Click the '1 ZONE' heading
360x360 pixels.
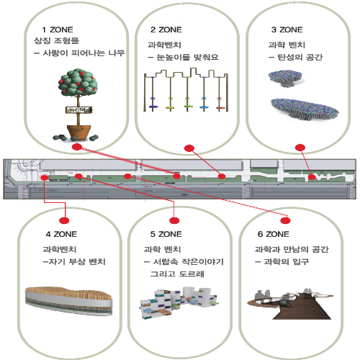point(58,30)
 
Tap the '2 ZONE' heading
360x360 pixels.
point(166,30)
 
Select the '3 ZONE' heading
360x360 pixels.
point(287,30)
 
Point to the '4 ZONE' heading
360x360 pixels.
point(61,234)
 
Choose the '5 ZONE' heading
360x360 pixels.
point(166,234)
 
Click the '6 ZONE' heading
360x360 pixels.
point(274,234)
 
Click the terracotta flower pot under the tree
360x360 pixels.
point(78,132)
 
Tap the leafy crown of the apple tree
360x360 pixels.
point(78,82)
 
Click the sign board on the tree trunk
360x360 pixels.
point(79,110)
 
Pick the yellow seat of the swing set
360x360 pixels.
point(171,107)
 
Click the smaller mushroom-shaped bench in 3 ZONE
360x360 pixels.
point(285,78)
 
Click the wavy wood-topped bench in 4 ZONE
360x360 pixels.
point(68,301)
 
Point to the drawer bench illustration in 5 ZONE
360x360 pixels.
point(179,302)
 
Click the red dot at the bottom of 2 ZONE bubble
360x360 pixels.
point(189,148)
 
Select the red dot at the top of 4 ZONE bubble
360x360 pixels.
point(64,220)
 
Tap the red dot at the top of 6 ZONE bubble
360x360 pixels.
point(285,220)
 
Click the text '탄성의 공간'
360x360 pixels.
point(300,57)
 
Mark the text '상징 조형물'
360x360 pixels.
point(56,40)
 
